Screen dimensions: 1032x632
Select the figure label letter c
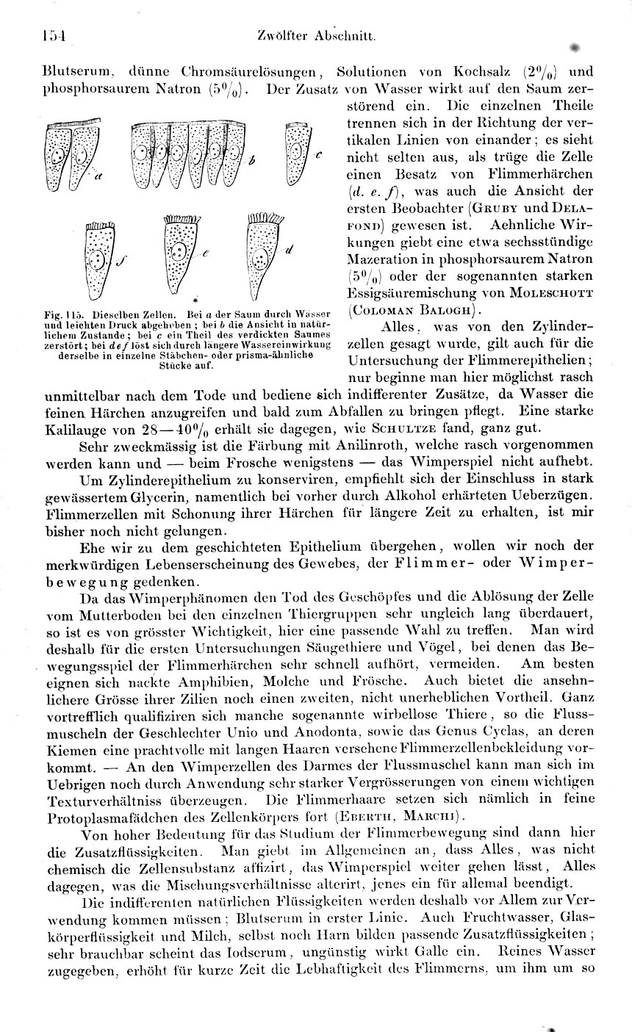319,156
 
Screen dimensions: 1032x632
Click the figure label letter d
289,250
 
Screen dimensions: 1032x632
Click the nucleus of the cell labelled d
259,258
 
